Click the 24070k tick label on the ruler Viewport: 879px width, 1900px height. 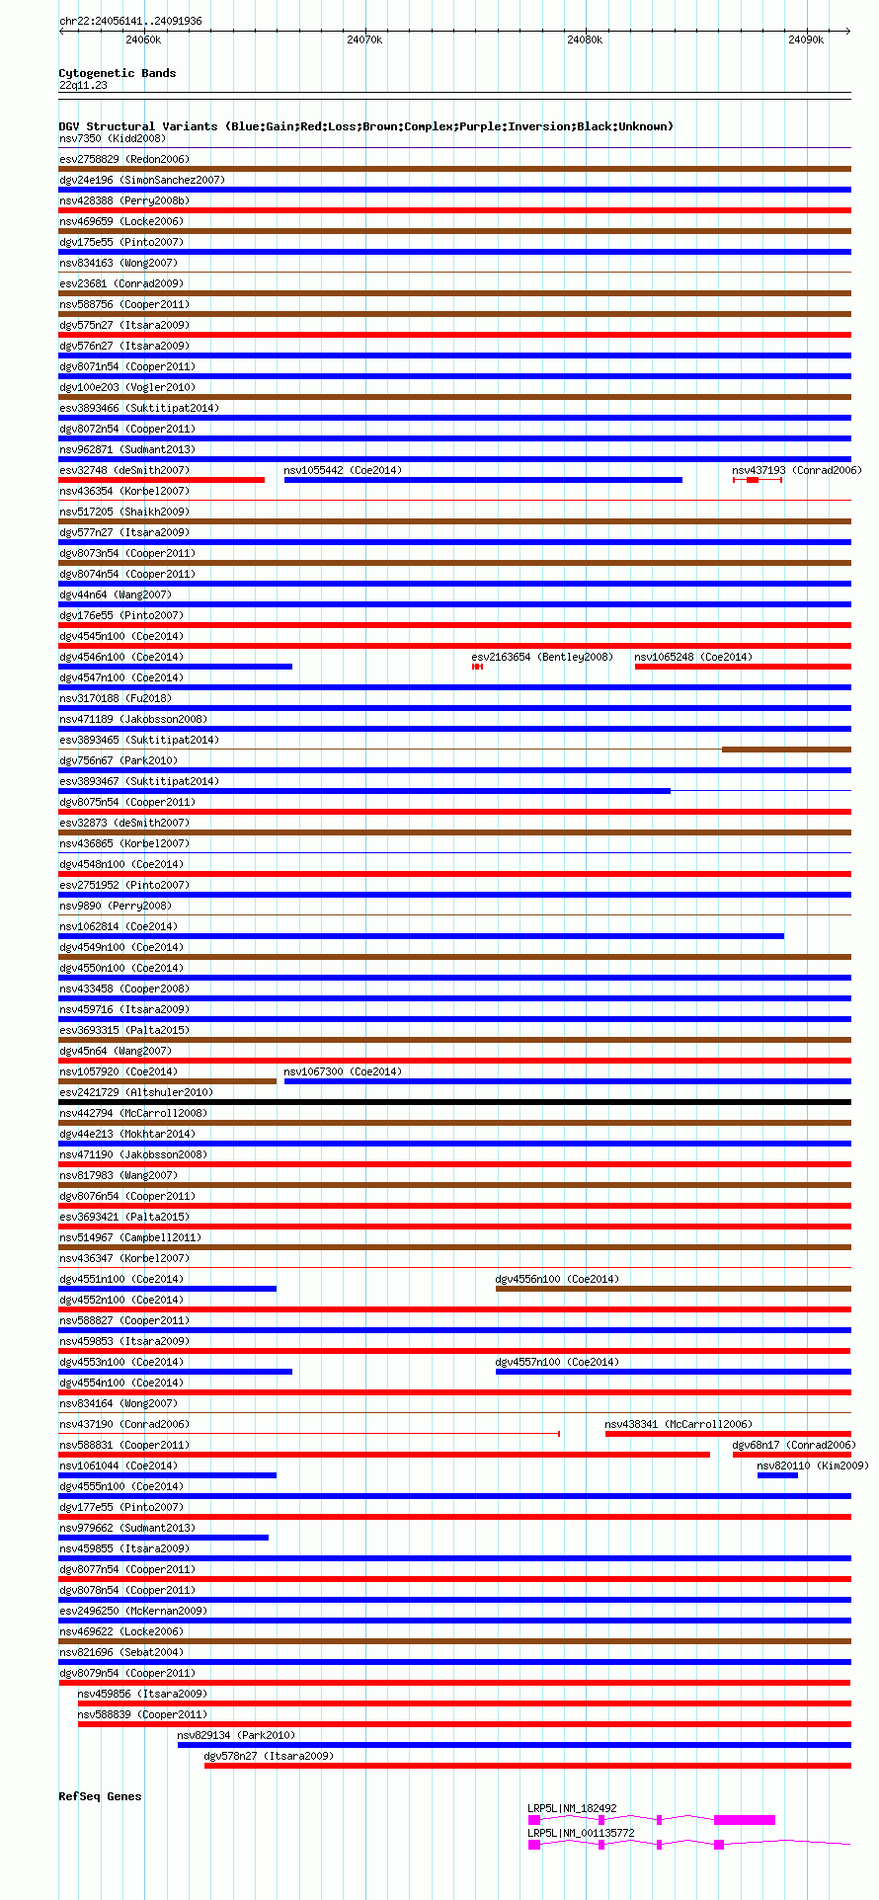(x=364, y=40)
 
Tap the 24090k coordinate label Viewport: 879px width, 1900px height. (x=806, y=40)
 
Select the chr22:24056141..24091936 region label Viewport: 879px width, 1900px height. (x=130, y=21)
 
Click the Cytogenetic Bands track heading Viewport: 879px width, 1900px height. (x=118, y=73)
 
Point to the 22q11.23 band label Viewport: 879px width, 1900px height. (x=83, y=85)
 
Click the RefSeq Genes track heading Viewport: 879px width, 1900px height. (x=100, y=1796)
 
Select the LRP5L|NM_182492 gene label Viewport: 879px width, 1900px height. (x=572, y=1808)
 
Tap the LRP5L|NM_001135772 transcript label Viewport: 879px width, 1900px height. (x=581, y=1833)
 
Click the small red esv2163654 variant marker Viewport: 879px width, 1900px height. (x=477, y=667)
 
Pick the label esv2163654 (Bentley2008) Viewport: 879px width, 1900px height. (x=542, y=657)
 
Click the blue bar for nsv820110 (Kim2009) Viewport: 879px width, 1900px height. (x=777, y=1475)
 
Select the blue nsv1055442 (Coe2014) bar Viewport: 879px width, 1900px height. (x=483, y=480)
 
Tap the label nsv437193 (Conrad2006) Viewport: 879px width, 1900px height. (x=796, y=470)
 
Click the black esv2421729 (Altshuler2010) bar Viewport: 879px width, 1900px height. (x=454, y=1102)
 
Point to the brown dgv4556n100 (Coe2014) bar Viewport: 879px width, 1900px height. (x=673, y=1289)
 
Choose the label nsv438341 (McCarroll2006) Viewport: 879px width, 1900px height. (x=678, y=1424)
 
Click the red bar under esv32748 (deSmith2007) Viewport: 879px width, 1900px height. (x=162, y=480)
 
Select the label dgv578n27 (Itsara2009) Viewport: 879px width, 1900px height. (x=269, y=1756)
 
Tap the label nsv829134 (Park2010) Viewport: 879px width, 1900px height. (x=236, y=1735)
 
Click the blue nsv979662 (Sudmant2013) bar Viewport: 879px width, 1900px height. (x=164, y=1538)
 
